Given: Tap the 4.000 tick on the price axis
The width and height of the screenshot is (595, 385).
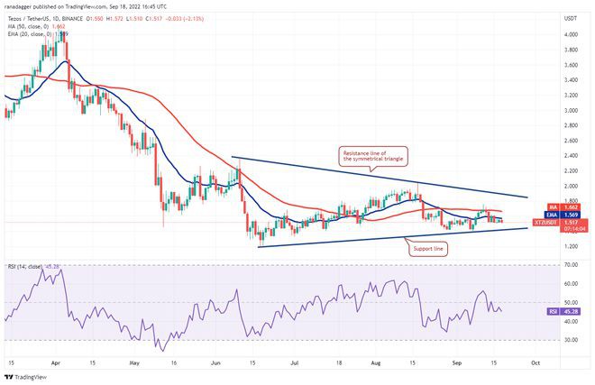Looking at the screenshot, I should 571,34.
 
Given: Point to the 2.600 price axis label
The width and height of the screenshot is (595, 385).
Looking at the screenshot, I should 571,141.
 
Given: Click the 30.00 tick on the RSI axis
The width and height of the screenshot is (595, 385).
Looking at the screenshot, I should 571,340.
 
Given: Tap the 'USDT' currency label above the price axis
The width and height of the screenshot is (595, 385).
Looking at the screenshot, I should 570,17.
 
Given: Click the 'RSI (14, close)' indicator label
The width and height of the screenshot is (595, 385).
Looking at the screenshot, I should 25,267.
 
